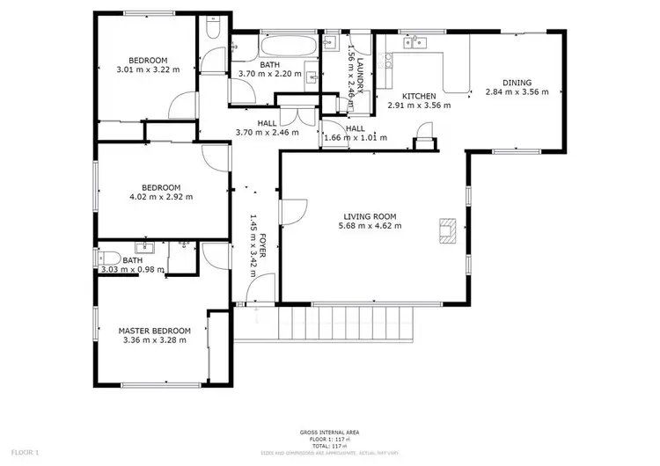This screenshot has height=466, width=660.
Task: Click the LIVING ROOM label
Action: pyautogui.click(x=370, y=216)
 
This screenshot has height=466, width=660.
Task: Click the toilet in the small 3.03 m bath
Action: pyautogui.click(x=108, y=259)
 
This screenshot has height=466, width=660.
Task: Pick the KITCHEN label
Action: pyautogui.click(x=419, y=96)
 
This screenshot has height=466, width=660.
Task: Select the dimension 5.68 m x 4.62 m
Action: pyautogui.click(x=370, y=226)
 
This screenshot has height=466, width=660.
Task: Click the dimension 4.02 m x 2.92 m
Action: pyautogui.click(x=162, y=196)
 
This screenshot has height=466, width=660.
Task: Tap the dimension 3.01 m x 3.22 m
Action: pyautogui.click(x=149, y=69)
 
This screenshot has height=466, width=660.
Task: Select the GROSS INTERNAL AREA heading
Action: pyautogui.click(x=329, y=433)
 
